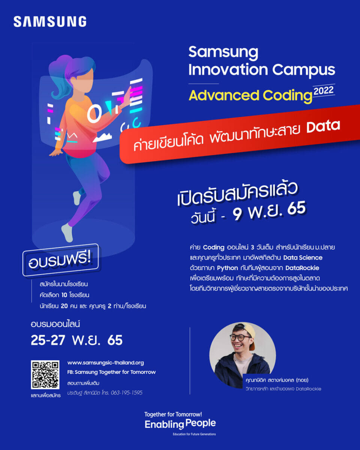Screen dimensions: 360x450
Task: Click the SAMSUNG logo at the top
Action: pyautogui.click(x=50, y=21)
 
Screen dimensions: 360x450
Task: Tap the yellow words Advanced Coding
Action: pyautogui.click(x=250, y=96)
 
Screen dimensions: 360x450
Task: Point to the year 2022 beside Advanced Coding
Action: pyautogui.click(x=324, y=91)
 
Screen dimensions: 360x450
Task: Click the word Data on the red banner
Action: pyautogui.click(x=323, y=126)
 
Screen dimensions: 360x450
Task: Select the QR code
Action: pyautogui.click(x=45, y=375)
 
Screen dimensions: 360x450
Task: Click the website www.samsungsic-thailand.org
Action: pyautogui.click(x=105, y=363)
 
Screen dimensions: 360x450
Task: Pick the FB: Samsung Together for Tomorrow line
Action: pyautogui.click(x=111, y=372)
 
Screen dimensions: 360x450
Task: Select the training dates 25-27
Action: pyautogui.click(x=48, y=340)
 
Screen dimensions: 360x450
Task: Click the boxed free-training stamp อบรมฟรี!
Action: pyautogui.click(x=60, y=260)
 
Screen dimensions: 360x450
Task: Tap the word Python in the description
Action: pyautogui.click(x=227, y=268)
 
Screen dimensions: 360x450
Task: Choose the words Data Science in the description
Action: pyautogui.click(x=303, y=258)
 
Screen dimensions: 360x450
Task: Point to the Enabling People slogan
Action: pyautogui.click(x=180, y=424)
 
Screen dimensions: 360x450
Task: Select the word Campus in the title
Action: pyautogui.click(x=303, y=70)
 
